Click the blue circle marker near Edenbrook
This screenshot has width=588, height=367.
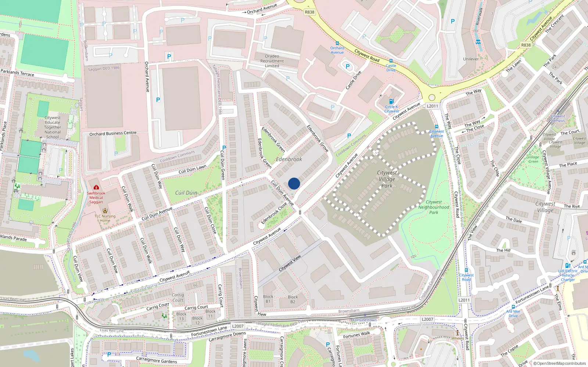[x=294, y=183]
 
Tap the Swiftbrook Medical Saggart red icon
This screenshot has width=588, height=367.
[x=96, y=187]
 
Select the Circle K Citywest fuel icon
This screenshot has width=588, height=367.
[x=391, y=101]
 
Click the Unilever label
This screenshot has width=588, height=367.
[x=471, y=59]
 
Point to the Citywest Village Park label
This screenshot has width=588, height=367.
[x=387, y=179]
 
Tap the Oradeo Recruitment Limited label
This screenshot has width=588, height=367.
[x=272, y=61]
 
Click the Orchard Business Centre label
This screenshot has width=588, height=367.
[x=113, y=133]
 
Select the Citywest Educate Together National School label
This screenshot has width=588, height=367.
[x=53, y=127]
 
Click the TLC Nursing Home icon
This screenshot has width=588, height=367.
[x=105, y=211]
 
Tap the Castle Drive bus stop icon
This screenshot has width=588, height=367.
[x=391, y=61]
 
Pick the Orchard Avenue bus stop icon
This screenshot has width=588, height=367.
[x=337, y=43]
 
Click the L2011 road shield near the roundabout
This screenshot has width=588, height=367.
[x=432, y=106]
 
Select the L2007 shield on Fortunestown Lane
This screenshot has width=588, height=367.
[x=238, y=326]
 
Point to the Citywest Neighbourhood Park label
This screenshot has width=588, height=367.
[x=434, y=207]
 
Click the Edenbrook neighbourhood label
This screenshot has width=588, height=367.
[x=289, y=159]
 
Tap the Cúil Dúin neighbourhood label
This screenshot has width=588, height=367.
[x=186, y=193]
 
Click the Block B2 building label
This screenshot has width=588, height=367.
[x=293, y=299]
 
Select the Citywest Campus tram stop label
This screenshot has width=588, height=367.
[x=558, y=118]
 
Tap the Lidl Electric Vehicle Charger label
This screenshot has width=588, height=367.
[x=568, y=275]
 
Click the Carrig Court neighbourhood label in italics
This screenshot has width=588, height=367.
[x=178, y=297]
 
